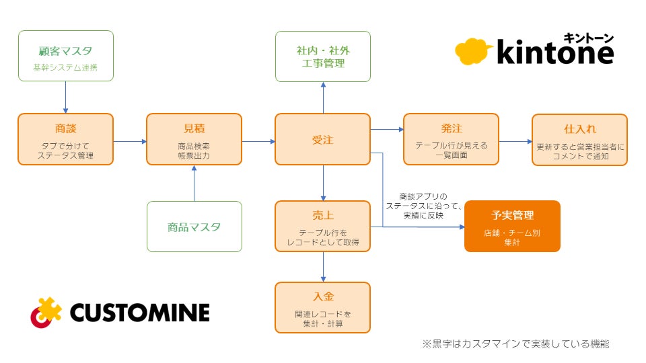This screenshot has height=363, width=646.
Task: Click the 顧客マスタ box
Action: tap(66, 56)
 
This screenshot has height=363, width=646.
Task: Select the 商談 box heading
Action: tap(66, 129)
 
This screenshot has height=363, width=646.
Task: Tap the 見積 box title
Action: tap(194, 129)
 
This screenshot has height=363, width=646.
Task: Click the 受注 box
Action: tap(322, 140)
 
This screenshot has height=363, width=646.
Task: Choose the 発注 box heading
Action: tap(452, 128)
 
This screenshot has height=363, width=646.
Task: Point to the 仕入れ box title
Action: tap(580, 129)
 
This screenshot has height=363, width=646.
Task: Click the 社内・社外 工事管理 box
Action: tap(323, 56)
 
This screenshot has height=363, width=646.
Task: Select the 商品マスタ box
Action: tap(194, 227)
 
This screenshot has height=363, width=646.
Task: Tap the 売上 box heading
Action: tap(323, 215)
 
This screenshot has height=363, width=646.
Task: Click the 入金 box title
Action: tap(323, 296)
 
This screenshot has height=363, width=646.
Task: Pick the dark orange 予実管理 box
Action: tap(512, 226)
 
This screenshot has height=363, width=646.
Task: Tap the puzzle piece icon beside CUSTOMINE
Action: tap(46, 313)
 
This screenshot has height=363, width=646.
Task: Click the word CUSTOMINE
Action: tap(140, 313)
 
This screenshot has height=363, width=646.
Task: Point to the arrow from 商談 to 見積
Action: tap(130, 142)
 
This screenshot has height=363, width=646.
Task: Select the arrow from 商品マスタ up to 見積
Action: tap(194, 183)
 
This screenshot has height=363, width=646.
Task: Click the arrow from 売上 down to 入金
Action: tap(323, 267)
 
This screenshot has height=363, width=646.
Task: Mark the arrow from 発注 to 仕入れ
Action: tap(515, 142)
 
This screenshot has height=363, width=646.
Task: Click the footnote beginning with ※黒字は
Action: tap(516, 344)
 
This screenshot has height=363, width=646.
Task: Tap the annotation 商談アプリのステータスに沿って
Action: tap(423, 201)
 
